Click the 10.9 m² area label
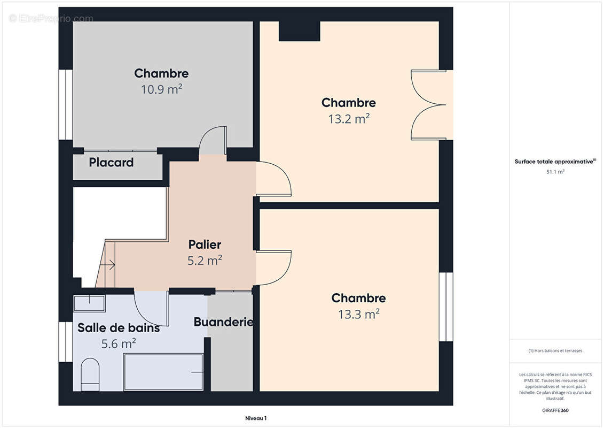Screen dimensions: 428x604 click(x=161, y=89)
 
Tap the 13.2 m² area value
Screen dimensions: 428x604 click(x=349, y=119)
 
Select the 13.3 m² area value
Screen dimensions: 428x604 click(x=358, y=314)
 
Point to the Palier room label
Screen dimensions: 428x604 click(x=205, y=244)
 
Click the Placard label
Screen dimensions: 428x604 click(x=111, y=163)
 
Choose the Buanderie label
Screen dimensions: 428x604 click(x=223, y=322)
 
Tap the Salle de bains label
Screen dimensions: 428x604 click(x=119, y=328)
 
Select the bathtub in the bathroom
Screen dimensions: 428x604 click(x=163, y=372)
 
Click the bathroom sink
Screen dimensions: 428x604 click(x=89, y=303)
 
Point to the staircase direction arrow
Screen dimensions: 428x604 click(x=111, y=264)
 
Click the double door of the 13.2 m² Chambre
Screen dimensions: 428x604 click(x=428, y=105)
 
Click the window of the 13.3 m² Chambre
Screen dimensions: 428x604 click(x=446, y=307)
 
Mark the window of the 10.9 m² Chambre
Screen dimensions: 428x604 click(x=66, y=104)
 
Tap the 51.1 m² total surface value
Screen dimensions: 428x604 click(x=555, y=172)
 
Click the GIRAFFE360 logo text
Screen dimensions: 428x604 click(x=555, y=410)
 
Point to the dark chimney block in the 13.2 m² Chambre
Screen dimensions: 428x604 click(x=299, y=31)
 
